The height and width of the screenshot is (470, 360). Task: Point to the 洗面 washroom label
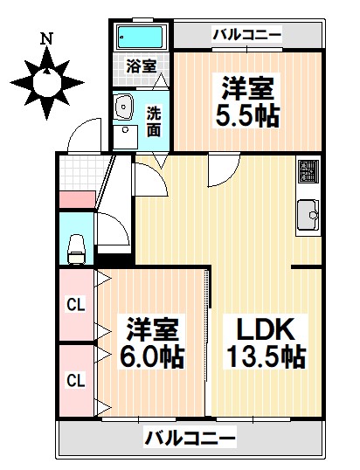point(154,121)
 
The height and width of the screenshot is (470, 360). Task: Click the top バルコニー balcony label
point(247,35)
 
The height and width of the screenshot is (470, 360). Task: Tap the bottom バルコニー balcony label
point(190,436)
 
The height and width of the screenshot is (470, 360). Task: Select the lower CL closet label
point(76,380)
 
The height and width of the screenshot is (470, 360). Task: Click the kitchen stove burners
point(308,173)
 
